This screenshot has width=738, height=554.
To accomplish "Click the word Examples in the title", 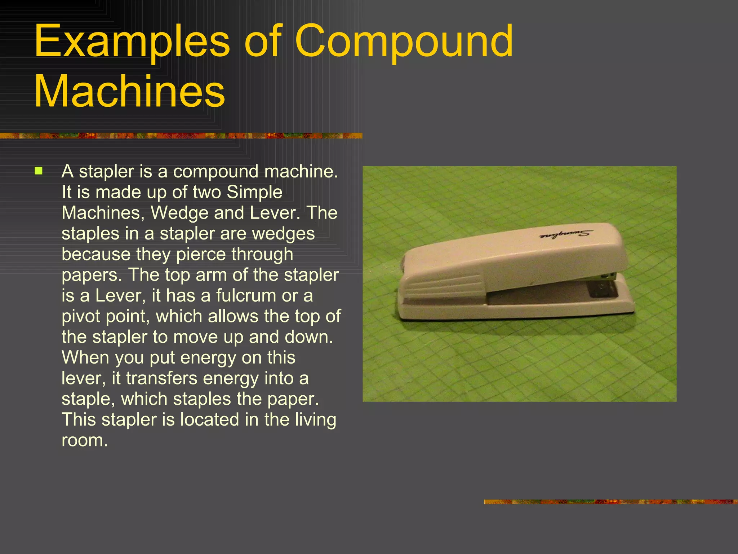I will click(x=132, y=41).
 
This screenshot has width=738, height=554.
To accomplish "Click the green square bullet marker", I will click(x=39, y=171).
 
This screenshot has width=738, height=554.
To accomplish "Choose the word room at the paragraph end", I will click(x=84, y=440).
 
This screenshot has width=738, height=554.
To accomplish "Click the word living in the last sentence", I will click(x=316, y=420).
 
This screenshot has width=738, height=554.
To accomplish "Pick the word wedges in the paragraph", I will click(x=283, y=234).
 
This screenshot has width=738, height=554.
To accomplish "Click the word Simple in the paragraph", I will click(x=254, y=192).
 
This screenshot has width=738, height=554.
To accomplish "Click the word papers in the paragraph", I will click(x=89, y=275).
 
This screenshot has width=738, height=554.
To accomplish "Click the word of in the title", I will click(x=262, y=41).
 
